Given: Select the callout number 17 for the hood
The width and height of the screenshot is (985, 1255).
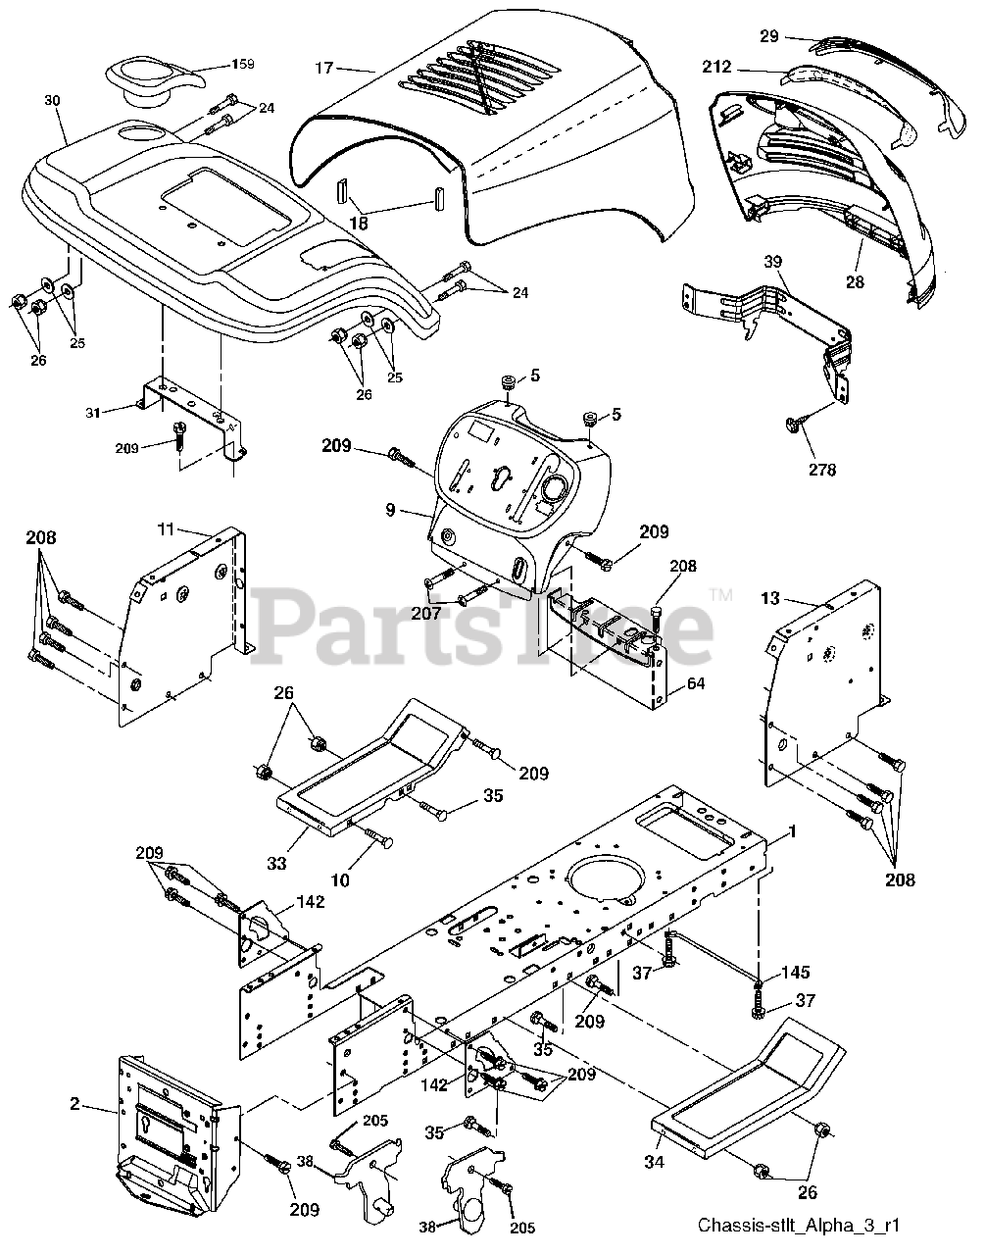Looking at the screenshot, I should tap(323, 68).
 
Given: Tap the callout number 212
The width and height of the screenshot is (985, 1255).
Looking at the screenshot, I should tap(715, 68).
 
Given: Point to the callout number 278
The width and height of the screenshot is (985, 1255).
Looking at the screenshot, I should tap(822, 470).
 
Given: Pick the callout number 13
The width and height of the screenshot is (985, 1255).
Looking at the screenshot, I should tap(771, 598).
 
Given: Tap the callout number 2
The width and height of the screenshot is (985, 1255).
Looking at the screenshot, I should tap(74, 1103).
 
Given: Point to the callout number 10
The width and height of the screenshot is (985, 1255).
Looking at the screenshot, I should tap(339, 880).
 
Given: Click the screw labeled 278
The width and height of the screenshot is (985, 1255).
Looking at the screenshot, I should tap(793, 425).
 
